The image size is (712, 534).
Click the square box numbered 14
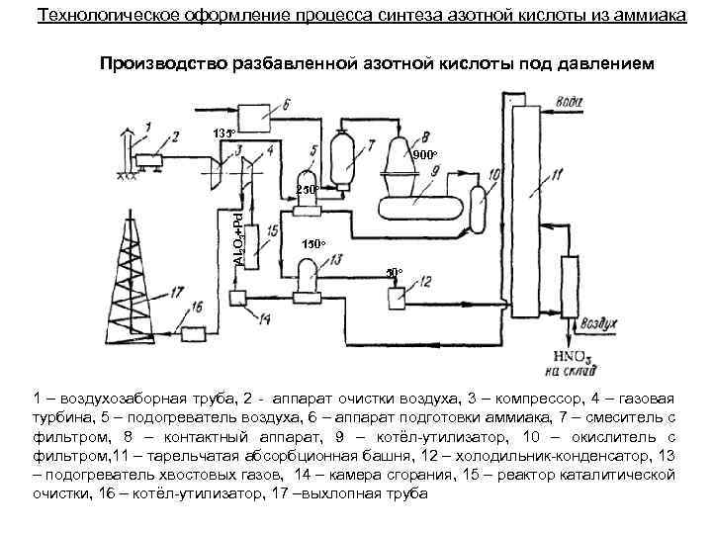click(238, 300)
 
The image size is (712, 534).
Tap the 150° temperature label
click(313, 243)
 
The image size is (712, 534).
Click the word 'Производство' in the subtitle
click(163, 64)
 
